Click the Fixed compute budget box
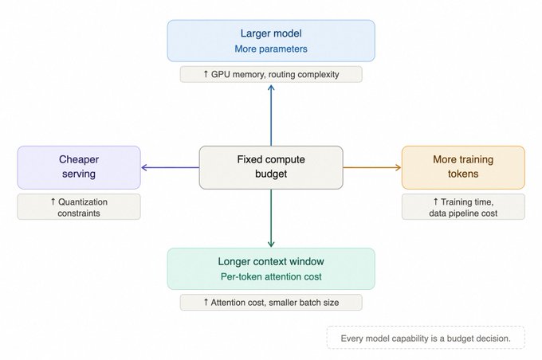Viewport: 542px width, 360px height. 271,167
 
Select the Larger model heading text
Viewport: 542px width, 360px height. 271,33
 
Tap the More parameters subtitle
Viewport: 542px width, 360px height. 271,49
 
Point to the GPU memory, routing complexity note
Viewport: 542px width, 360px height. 271,74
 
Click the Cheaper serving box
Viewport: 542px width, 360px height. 79,167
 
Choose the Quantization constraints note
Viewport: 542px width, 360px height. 79,207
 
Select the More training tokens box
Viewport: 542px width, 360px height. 463,167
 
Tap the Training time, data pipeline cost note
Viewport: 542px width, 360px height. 463,207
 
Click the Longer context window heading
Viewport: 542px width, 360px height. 271,261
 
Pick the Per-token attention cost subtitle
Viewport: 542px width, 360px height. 271,276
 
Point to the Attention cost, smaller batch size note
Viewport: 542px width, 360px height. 271,303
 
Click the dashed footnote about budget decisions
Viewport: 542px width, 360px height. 426,338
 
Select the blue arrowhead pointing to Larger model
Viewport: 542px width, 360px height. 271,88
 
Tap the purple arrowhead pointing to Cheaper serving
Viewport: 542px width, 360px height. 144,167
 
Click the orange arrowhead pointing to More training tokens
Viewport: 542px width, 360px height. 399,167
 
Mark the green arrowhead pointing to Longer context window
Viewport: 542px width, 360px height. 271,245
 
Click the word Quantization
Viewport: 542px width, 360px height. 83,202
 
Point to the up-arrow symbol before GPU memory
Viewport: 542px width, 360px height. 206,74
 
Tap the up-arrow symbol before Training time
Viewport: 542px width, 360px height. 435,202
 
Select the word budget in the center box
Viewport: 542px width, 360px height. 271,174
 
